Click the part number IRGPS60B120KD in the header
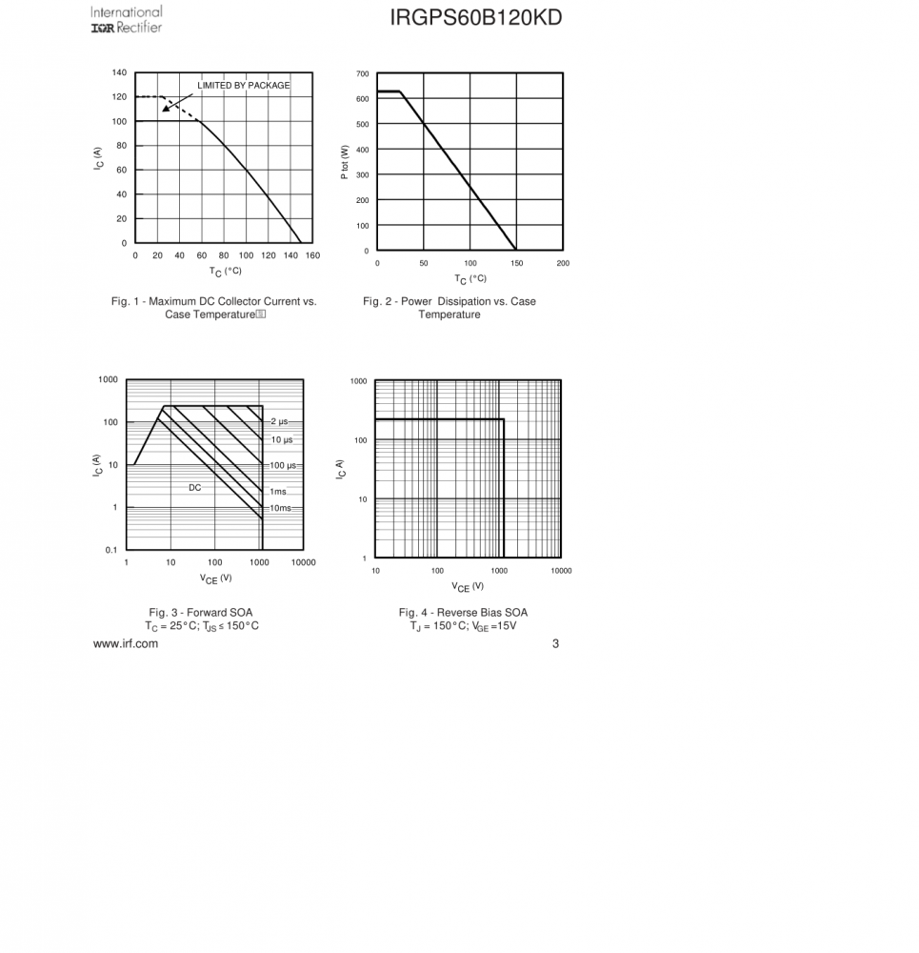pyautogui.click(x=475, y=18)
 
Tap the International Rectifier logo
pyautogui.click(x=127, y=19)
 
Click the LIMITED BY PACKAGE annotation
pyautogui.click(x=244, y=86)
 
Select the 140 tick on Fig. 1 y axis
pyautogui.click(x=119, y=72)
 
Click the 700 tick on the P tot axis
pyautogui.click(x=363, y=74)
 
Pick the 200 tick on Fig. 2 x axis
pyautogui.click(x=563, y=263)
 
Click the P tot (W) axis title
pyautogui.click(x=346, y=162)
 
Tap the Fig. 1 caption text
pyautogui.click(x=213, y=308)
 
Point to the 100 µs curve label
pyautogui.click(x=283, y=465)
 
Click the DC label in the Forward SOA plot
pyautogui.click(x=194, y=487)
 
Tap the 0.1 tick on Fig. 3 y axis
pyautogui.click(x=110, y=550)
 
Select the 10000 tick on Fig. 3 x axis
pyautogui.click(x=303, y=562)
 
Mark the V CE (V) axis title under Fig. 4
pyautogui.click(x=468, y=587)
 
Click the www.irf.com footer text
pyautogui.click(x=126, y=643)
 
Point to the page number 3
pyautogui.click(x=555, y=643)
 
